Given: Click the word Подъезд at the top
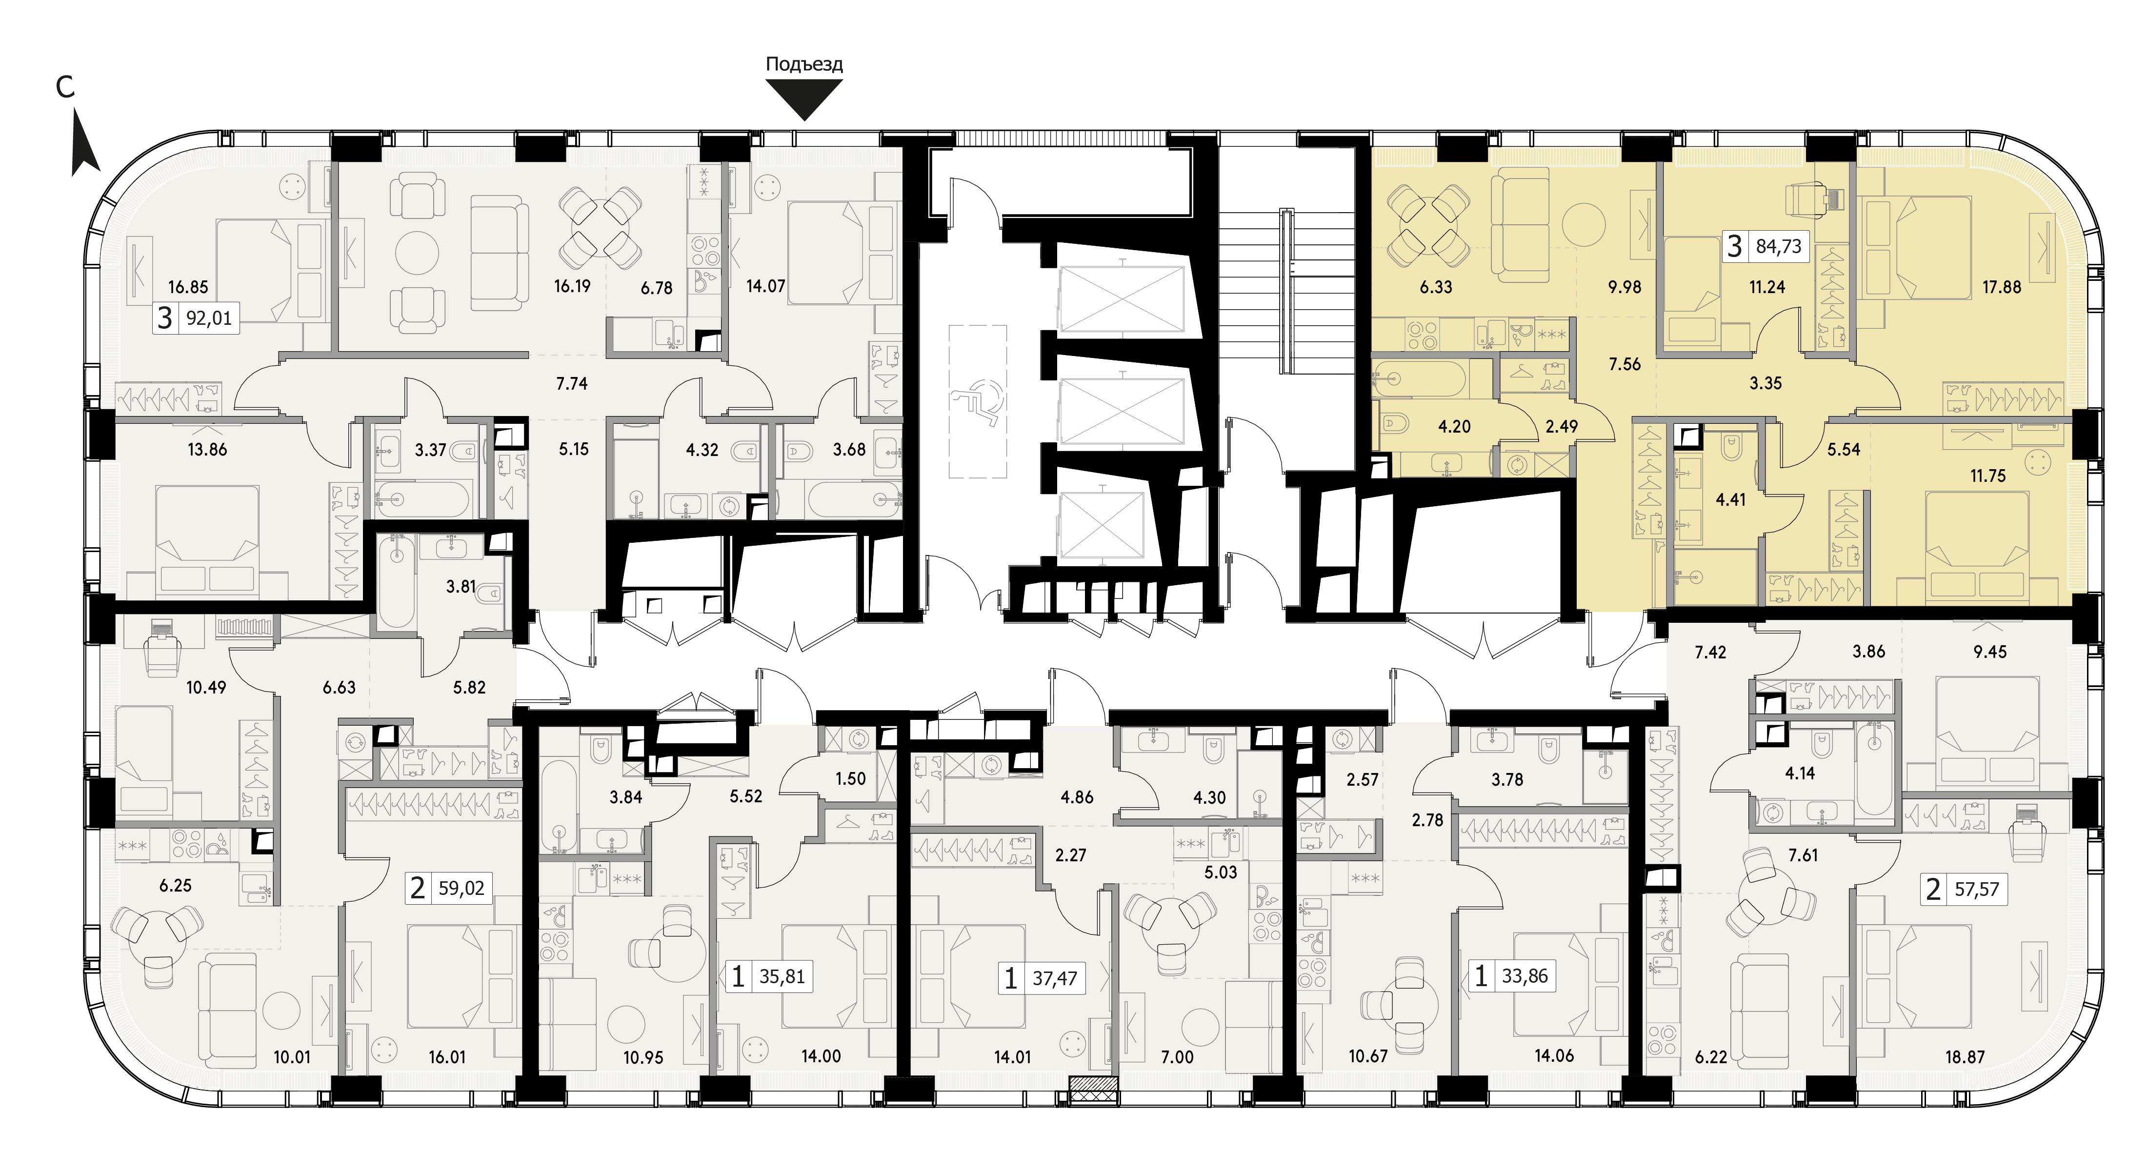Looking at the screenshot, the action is pos(804,64).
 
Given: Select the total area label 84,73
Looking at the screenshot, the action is pos(1779,247).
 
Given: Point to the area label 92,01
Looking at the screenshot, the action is pos(209,318).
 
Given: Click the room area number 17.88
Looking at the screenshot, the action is pos(2001,288).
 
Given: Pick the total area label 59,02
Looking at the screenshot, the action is pos(461,888).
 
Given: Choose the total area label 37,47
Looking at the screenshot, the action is pos(1055,978).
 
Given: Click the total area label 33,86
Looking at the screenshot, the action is pos(1525,976).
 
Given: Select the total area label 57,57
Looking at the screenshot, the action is pos(1976,890).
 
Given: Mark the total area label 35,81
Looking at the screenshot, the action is pos(782,976).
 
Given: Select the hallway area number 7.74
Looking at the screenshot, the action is pos(572,384).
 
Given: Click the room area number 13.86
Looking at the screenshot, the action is pos(207,450).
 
